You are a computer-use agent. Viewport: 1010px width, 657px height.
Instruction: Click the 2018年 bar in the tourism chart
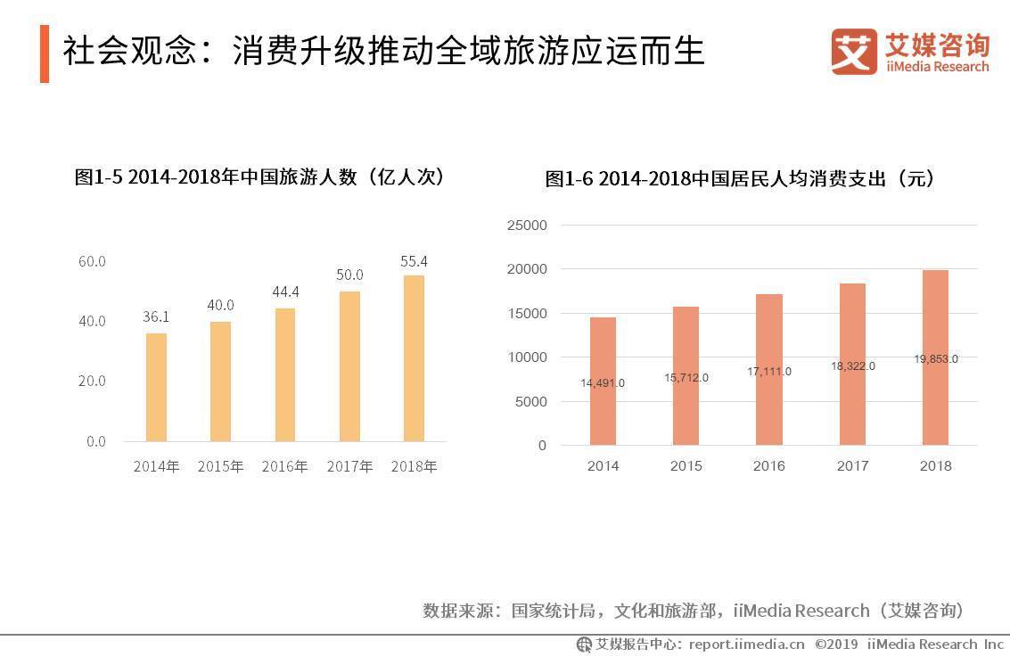click(414, 358)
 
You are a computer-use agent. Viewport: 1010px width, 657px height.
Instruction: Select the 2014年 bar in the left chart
click(156, 388)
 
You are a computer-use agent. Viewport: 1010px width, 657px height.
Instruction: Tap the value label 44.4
click(285, 292)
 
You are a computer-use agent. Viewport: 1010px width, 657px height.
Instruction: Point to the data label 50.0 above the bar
click(349, 275)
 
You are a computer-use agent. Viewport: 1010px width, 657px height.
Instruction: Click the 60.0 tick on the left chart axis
click(92, 261)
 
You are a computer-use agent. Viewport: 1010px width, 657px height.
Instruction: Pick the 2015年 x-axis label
click(220, 466)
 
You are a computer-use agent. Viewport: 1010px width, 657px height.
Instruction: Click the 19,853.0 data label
click(935, 359)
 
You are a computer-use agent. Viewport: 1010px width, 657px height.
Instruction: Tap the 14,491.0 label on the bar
click(603, 383)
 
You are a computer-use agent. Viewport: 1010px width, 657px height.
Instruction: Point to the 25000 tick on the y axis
click(527, 226)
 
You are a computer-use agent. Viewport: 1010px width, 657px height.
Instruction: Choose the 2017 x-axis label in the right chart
click(852, 466)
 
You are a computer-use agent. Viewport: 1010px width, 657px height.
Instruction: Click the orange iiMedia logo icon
click(853, 52)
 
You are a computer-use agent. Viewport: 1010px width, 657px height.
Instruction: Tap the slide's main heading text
click(383, 51)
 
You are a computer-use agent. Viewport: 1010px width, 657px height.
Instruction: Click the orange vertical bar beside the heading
click(45, 53)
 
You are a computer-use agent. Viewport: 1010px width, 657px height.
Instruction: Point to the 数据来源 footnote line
click(693, 611)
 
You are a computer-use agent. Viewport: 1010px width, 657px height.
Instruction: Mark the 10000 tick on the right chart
click(527, 357)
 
